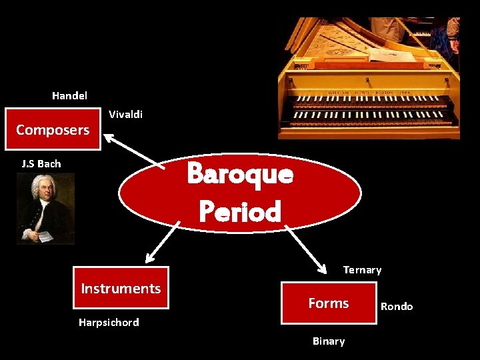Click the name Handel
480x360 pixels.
[x=69, y=96]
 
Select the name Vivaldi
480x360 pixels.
[x=125, y=115]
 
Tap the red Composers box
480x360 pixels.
[x=53, y=129]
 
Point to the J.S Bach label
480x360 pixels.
[x=41, y=163]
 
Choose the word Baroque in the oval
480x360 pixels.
[x=240, y=174]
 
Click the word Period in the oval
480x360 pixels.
[x=240, y=212]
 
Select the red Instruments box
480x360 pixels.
[x=121, y=288]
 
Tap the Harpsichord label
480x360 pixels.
[x=109, y=323]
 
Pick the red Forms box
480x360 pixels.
[x=329, y=303]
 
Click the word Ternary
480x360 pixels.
[x=362, y=270]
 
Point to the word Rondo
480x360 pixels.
[x=397, y=307]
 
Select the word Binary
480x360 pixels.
[x=329, y=341]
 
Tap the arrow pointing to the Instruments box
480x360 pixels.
[x=163, y=241]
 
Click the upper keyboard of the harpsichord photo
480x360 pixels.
[x=370, y=103]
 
